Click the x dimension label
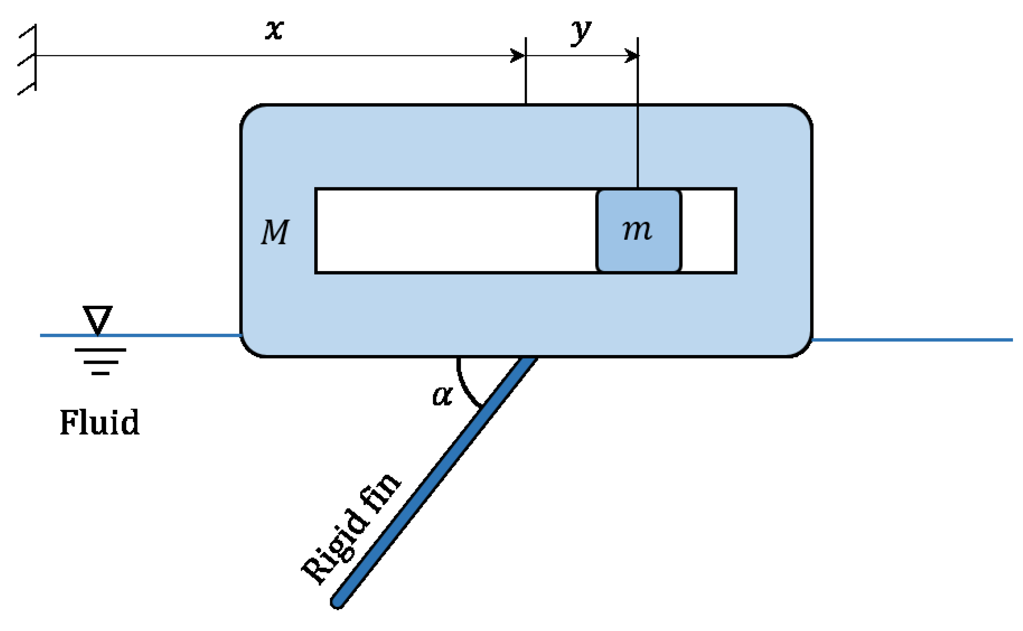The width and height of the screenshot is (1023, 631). (274, 30)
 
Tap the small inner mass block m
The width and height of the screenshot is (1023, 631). (638, 231)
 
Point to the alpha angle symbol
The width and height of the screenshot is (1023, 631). (442, 395)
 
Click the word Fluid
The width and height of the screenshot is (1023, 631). (99, 422)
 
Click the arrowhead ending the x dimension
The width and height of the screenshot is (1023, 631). (519, 56)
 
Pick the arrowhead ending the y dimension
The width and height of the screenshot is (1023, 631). (632, 56)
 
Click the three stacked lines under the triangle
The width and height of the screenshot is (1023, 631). (100, 362)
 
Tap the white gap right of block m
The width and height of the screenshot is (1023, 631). (708, 231)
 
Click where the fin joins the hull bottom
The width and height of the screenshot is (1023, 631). (528, 360)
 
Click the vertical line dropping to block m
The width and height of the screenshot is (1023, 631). (637, 125)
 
